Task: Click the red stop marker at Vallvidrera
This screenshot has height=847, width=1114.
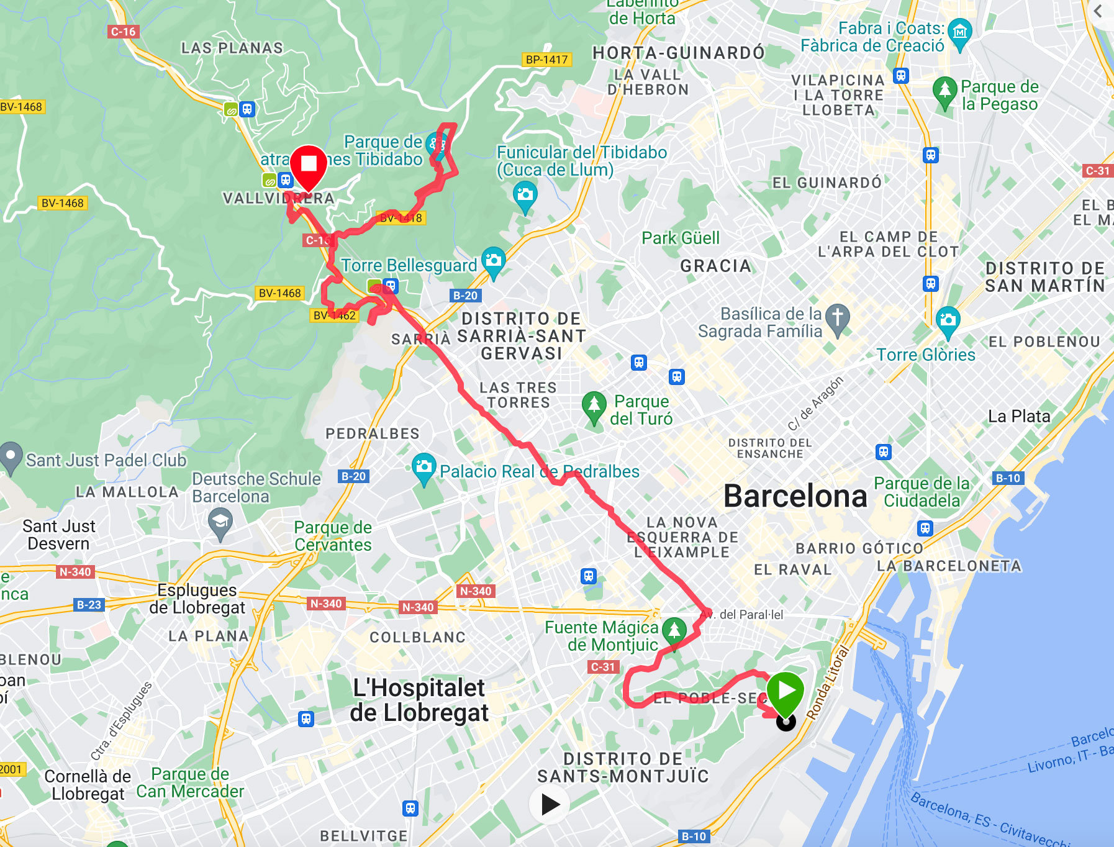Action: (x=309, y=165)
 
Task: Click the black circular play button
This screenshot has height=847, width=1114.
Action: (x=550, y=805)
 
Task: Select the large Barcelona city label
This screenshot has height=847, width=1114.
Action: (x=795, y=496)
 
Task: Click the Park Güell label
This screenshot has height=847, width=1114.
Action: (x=681, y=238)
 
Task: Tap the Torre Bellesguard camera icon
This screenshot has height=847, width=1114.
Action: (x=494, y=260)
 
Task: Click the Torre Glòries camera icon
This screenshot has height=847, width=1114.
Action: (x=948, y=320)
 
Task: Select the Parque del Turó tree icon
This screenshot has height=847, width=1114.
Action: (x=594, y=405)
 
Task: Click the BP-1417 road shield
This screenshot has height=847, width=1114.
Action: (x=546, y=60)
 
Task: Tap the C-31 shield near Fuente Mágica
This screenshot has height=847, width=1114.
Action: (x=603, y=667)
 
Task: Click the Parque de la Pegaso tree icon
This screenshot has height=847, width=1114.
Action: (x=944, y=90)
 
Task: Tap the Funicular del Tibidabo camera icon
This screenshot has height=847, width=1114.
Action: (x=525, y=194)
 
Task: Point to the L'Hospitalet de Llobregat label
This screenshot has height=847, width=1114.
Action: (x=419, y=700)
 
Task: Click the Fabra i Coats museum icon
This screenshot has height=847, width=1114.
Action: (x=960, y=31)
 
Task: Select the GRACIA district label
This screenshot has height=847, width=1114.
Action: (x=716, y=266)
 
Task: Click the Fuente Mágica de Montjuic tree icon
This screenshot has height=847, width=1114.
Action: (x=674, y=630)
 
